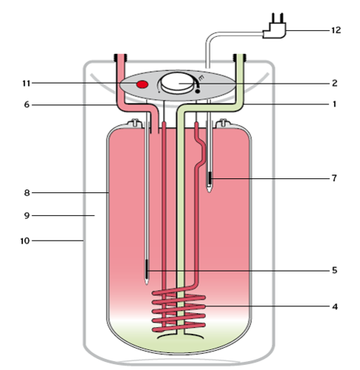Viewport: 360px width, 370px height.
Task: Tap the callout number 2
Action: coord(335,83)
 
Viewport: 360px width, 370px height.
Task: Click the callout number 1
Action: coord(335,104)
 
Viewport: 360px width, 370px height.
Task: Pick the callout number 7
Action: coord(335,178)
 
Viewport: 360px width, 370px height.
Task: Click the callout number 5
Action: coord(335,270)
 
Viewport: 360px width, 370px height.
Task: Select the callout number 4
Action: coord(335,306)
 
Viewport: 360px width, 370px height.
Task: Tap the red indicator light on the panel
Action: coord(143,86)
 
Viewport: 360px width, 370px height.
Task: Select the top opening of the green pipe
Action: coord(241,55)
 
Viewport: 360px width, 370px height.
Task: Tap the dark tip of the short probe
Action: coord(210,179)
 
